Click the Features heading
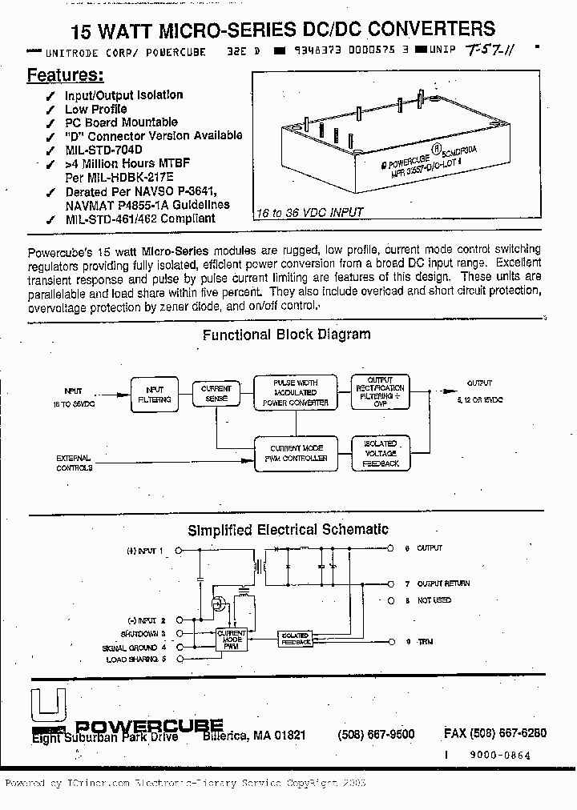click(x=65, y=75)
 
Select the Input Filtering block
click(x=154, y=394)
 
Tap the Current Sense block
click(x=216, y=393)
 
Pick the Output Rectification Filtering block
click(x=380, y=392)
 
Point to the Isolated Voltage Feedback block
click(x=380, y=453)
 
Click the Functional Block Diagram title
click(x=286, y=335)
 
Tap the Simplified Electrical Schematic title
click(x=288, y=529)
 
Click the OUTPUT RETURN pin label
click(x=443, y=583)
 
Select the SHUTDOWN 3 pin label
click(x=143, y=633)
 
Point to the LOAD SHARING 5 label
click(x=135, y=659)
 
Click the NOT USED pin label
click(x=434, y=599)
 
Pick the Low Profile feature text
click(x=95, y=109)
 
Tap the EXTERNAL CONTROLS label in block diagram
click(x=74, y=463)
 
